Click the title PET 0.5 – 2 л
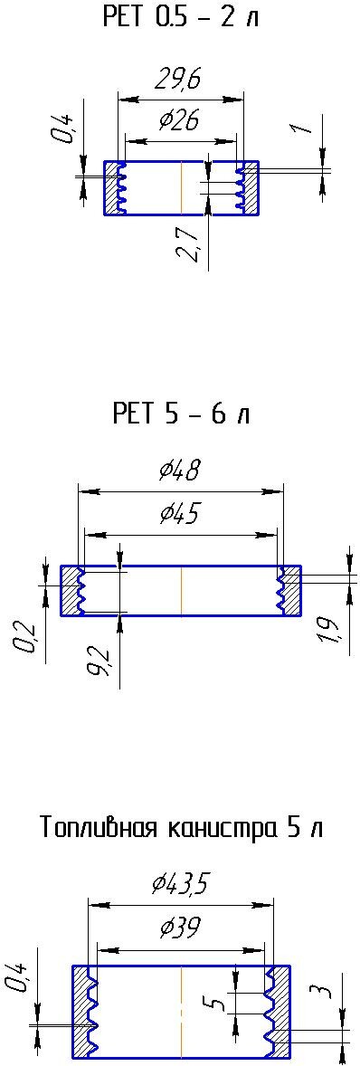[181, 17]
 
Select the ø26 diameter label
[180, 121]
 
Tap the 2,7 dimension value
[190, 243]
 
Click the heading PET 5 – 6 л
[181, 414]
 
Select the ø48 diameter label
[180, 471]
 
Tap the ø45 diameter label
[180, 514]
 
